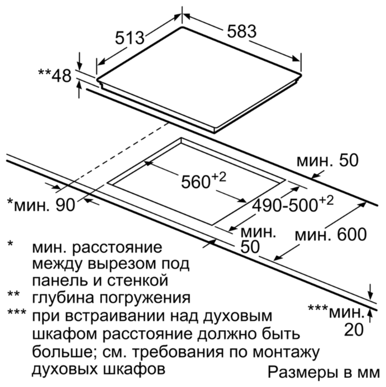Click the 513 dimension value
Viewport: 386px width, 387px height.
click(129, 38)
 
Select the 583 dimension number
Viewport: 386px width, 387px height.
click(242, 31)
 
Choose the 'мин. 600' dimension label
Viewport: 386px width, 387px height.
click(331, 235)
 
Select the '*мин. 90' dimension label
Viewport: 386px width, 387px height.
click(41, 205)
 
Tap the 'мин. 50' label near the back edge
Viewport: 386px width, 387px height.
click(327, 160)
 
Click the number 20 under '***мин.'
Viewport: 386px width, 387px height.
click(354, 329)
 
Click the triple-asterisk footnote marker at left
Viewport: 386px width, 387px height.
click(17, 312)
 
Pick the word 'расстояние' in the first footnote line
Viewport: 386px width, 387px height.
click(117, 247)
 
